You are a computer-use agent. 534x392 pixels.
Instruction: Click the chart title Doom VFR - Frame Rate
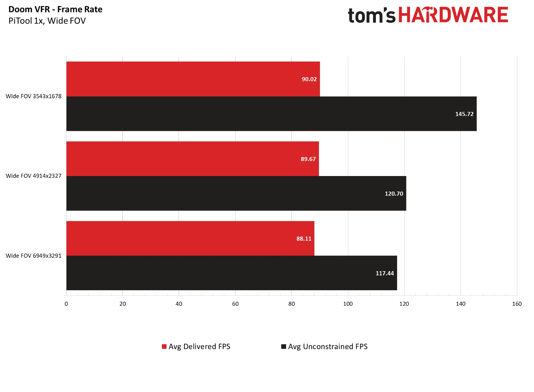pyautogui.click(x=56, y=10)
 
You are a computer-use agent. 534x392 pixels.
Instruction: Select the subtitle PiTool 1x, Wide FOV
pyautogui.click(x=47, y=21)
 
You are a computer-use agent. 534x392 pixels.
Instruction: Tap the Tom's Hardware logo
pyautogui.click(x=428, y=15)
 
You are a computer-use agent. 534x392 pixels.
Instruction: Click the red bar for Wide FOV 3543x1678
pyautogui.click(x=193, y=79)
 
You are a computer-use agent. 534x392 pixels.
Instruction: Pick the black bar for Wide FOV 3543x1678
pyautogui.click(x=271, y=114)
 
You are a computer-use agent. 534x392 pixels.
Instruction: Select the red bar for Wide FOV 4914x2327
pyautogui.click(x=192, y=159)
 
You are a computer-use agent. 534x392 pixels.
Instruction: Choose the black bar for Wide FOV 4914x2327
pyautogui.click(x=236, y=193)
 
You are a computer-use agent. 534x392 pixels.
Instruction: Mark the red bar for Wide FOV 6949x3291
pyautogui.click(x=190, y=238)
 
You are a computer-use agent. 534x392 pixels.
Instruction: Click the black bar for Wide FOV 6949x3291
pyautogui.click(x=231, y=273)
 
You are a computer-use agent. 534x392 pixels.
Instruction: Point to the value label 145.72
pyautogui.click(x=464, y=114)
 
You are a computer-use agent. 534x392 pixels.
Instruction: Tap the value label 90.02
pyautogui.click(x=309, y=79)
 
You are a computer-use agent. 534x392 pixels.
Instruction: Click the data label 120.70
pyautogui.click(x=394, y=194)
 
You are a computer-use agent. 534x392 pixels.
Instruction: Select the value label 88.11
pyautogui.click(x=304, y=239)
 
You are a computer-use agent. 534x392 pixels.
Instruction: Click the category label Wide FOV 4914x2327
pyautogui.click(x=34, y=176)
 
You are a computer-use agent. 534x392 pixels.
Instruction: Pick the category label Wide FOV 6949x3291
pyautogui.click(x=34, y=256)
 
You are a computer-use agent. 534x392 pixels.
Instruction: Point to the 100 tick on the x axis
pyautogui.click(x=348, y=304)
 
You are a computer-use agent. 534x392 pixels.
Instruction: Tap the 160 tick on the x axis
pyautogui.click(x=517, y=304)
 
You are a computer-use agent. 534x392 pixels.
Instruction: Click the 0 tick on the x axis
pyautogui.click(x=66, y=304)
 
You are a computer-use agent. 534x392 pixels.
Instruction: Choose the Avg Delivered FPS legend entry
pyautogui.click(x=196, y=347)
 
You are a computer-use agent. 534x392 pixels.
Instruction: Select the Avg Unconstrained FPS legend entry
pyautogui.click(x=324, y=347)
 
